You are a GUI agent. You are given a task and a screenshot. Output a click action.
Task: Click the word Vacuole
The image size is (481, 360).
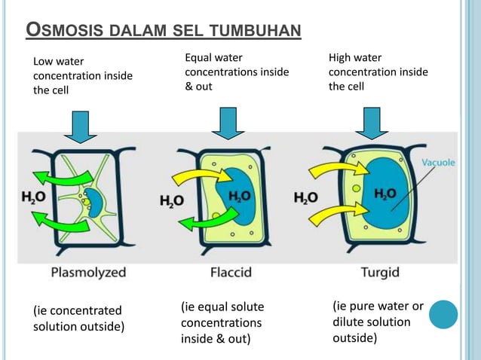[x=437, y=162]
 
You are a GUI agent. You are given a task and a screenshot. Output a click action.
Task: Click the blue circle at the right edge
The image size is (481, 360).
[x=443, y=315]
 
